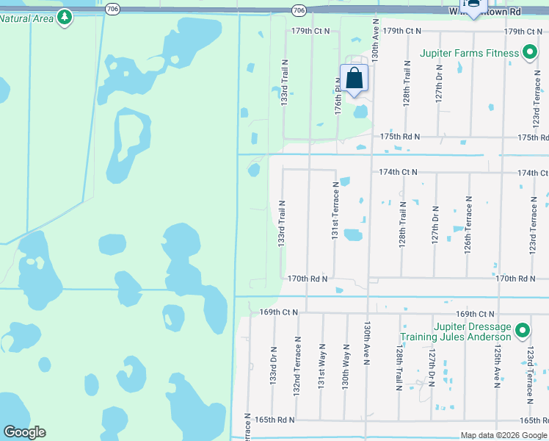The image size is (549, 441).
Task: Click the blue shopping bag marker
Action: pyautogui.click(x=354, y=78)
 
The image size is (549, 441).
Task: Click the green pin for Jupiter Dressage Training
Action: pyautogui.click(x=522, y=331)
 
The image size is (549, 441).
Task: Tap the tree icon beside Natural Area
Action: pyautogui.click(x=65, y=17)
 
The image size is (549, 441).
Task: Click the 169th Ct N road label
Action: pyautogui.click(x=280, y=312)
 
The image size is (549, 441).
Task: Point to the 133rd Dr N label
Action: pyautogui.click(x=273, y=367)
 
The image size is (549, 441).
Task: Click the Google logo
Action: pyautogui.click(x=24, y=432)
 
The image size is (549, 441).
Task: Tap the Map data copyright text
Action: pyautogui.click(x=503, y=435)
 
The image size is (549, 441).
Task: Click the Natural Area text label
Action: pyautogui.click(x=26, y=18)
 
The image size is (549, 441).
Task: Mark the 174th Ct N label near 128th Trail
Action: pyautogui.click(x=397, y=172)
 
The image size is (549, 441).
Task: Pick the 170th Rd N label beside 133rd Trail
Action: pyautogui.click(x=307, y=279)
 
